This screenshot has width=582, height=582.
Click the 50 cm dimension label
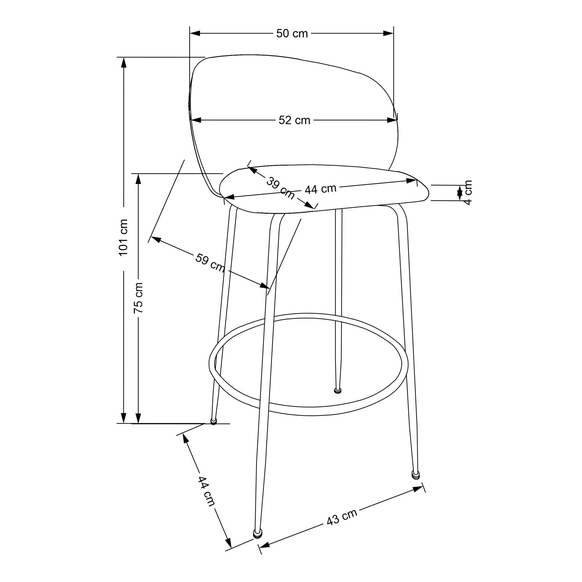pyautogui.click(x=292, y=34)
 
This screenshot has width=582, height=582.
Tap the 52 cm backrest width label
pyautogui.click(x=294, y=121)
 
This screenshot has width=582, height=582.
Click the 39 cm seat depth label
pyautogui.click(x=280, y=189)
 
